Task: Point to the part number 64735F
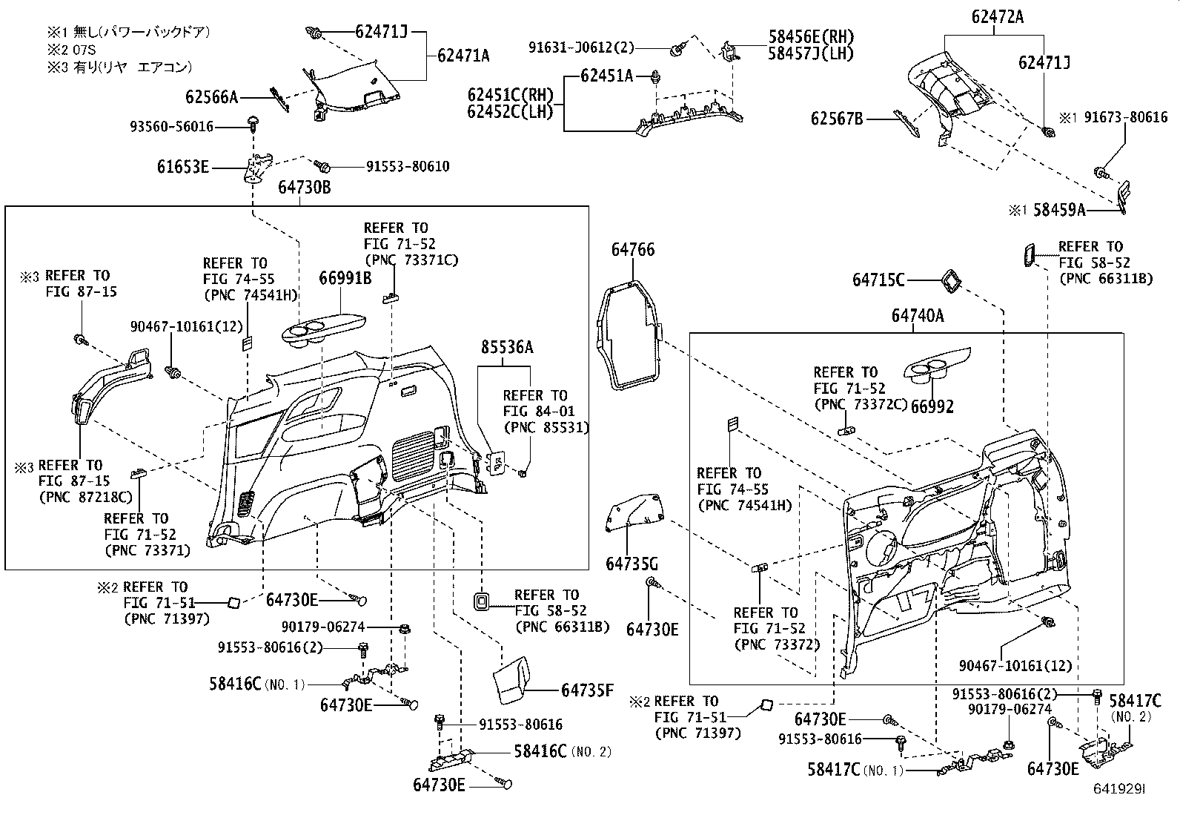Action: (587, 690)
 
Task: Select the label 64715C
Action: (878, 280)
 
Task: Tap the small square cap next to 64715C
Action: (949, 280)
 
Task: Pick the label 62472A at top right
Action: (997, 17)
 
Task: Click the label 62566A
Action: (211, 96)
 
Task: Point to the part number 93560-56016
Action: (170, 127)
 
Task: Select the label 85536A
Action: (506, 347)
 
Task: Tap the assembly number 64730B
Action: (304, 188)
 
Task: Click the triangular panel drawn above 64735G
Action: (634, 513)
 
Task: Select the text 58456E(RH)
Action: (811, 37)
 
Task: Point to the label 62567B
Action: (837, 118)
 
